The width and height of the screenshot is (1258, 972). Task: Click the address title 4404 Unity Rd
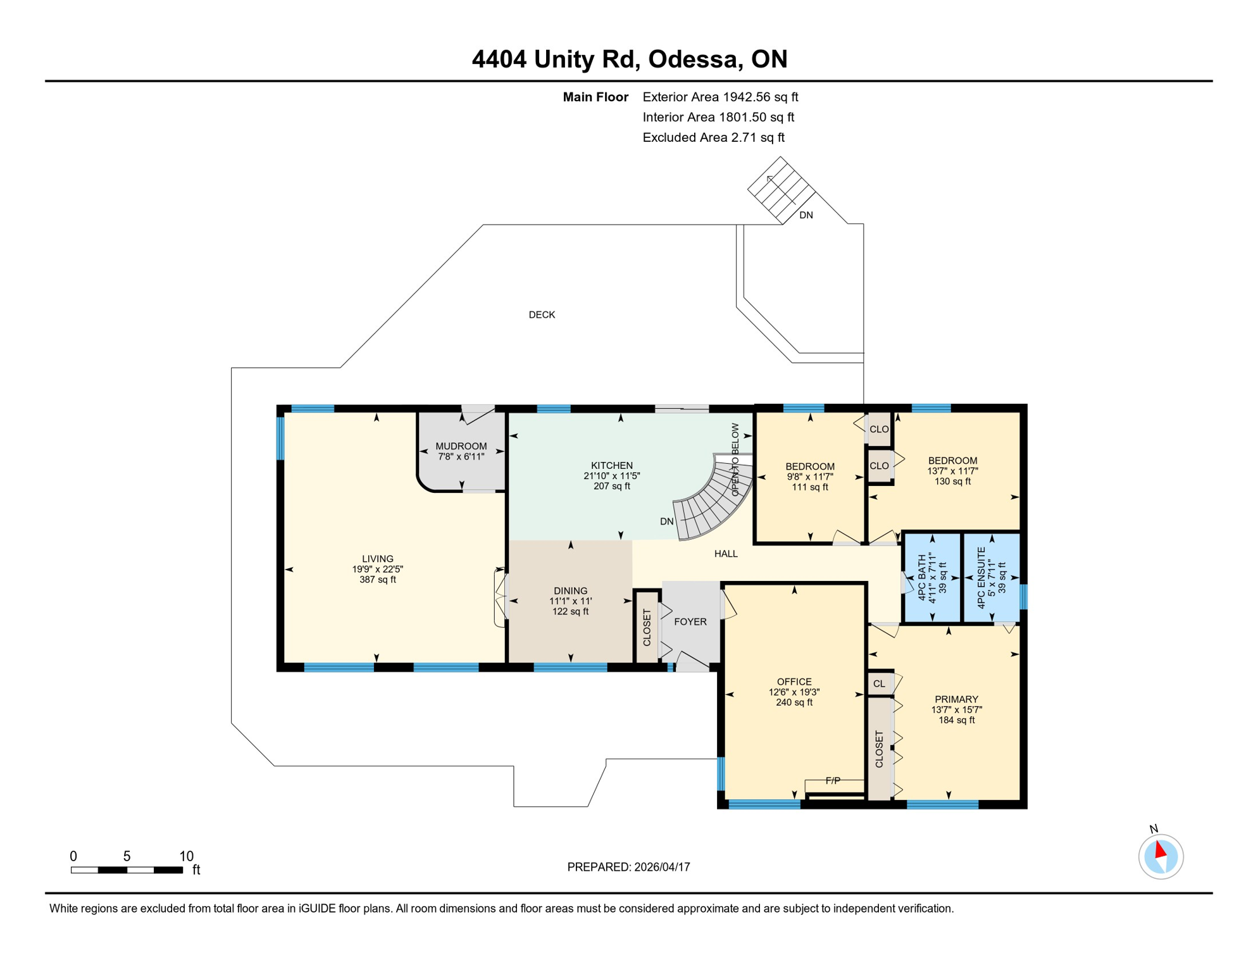[629, 59]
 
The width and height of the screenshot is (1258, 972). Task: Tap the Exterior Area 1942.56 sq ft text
[720, 97]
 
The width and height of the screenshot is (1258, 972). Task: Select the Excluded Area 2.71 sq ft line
[713, 137]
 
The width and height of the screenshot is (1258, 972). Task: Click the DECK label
[542, 315]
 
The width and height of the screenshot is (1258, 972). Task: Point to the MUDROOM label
[461, 446]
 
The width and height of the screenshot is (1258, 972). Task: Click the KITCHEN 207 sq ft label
[611, 475]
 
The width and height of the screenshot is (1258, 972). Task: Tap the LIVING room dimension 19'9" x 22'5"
[378, 569]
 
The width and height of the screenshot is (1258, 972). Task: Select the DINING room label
[570, 590]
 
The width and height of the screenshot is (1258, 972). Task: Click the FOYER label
[690, 621]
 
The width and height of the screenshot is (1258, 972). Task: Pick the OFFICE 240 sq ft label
[794, 692]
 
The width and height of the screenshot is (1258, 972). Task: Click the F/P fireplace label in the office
[833, 781]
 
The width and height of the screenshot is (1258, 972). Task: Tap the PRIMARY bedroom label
[956, 699]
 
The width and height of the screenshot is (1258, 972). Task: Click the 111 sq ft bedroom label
[809, 477]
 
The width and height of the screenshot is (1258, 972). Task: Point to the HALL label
[726, 554]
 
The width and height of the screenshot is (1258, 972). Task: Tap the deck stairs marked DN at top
[781, 189]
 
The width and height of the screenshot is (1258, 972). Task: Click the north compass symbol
[1161, 856]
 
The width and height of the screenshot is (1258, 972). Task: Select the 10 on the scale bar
[186, 856]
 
